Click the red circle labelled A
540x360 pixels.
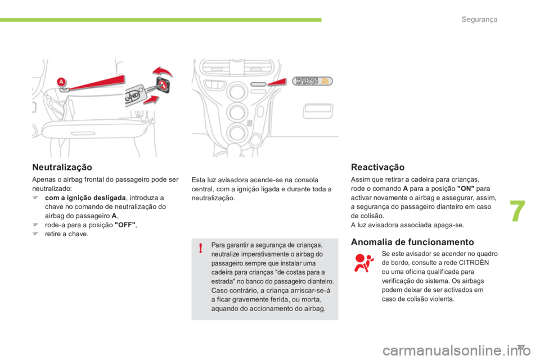click(x=60, y=82)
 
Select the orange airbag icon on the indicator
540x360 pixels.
click(x=325, y=81)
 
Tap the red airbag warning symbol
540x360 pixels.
click(x=363, y=263)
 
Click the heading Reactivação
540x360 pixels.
click(x=377, y=168)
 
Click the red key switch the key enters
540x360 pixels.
click(x=163, y=84)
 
